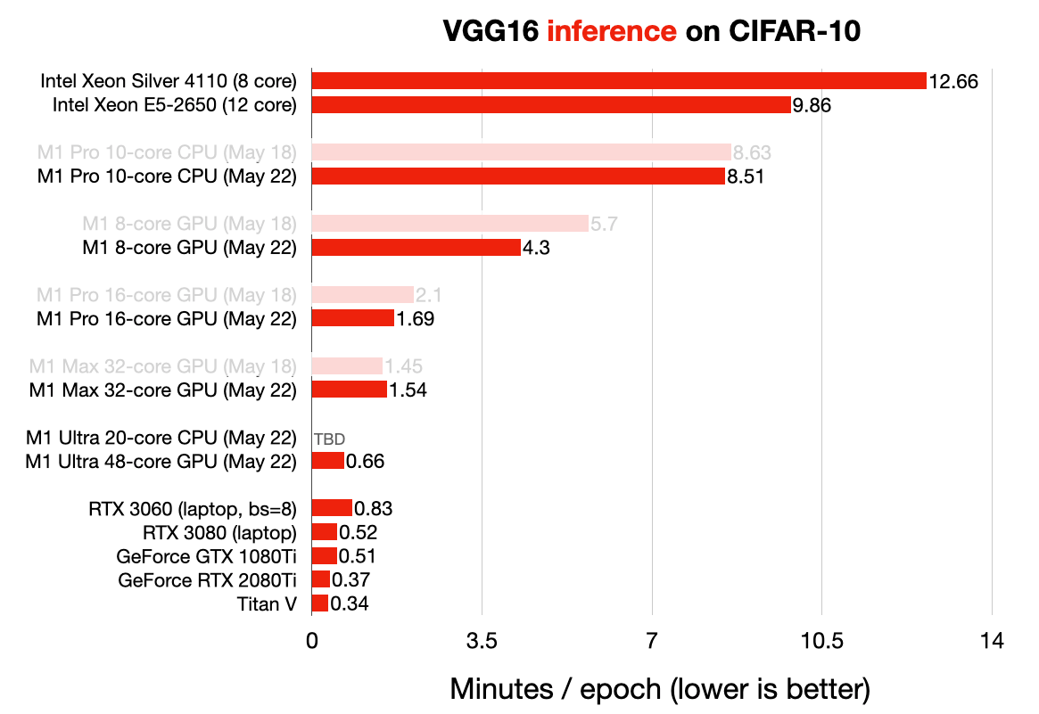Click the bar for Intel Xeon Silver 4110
618,81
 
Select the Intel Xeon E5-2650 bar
550,105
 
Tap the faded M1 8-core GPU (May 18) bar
449,223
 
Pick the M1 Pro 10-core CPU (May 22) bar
517,176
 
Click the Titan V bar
319,603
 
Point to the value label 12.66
953,82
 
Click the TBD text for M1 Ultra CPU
329,439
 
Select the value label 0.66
365,462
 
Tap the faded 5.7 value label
605,224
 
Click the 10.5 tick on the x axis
821,641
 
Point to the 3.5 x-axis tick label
482,641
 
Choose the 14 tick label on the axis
992,641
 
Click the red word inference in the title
612,32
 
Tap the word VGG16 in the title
491,32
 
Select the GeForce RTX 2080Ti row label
207,580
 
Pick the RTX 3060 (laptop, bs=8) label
192,509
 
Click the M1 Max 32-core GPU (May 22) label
162,390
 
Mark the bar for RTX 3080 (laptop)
324,532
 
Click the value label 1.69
416,319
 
